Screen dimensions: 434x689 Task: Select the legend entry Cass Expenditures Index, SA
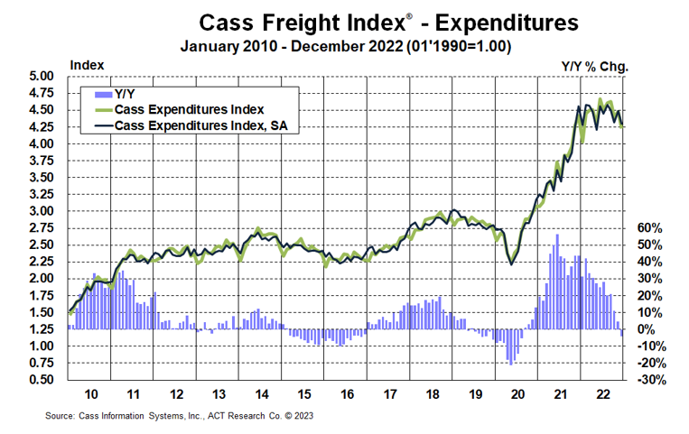(x=206, y=125)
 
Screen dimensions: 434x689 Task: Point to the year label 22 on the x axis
(x=602, y=394)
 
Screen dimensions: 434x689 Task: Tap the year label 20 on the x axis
(x=517, y=394)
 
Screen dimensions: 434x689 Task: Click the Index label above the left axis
(x=86, y=65)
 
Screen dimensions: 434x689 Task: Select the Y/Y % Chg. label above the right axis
(x=592, y=65)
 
